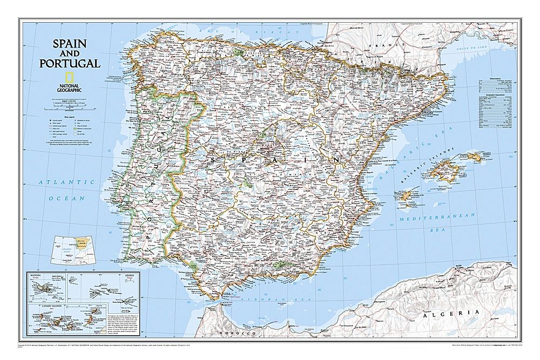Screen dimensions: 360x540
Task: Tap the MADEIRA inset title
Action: (x=37, y=275)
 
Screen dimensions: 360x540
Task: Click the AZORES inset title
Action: (x=131, y=275)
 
